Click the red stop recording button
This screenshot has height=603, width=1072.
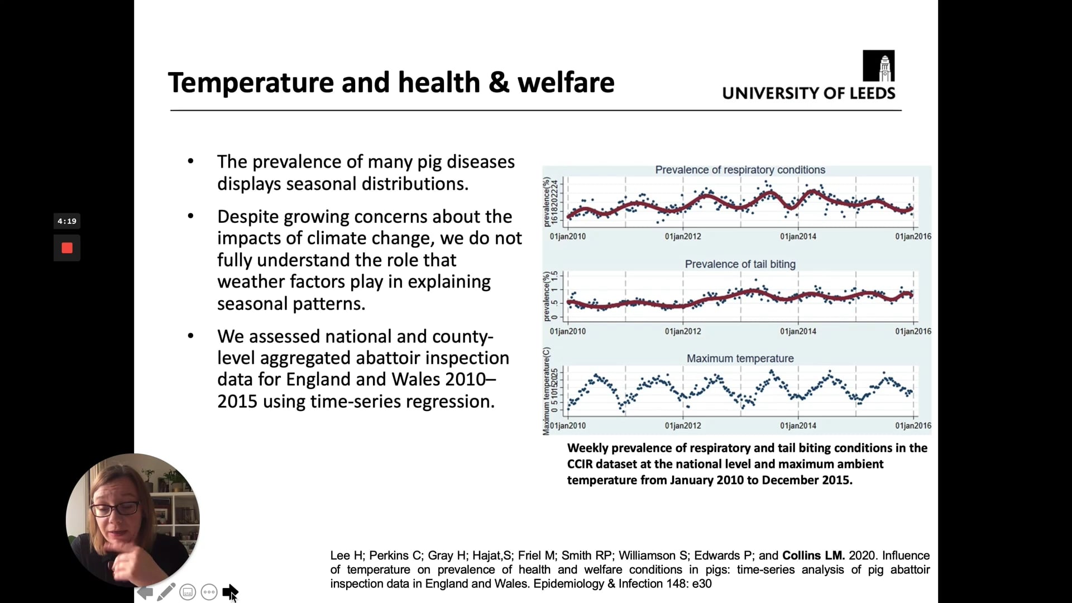coord(67,248)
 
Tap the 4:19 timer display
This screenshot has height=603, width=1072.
coord(67,221)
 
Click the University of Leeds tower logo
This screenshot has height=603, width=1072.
coord(878,66)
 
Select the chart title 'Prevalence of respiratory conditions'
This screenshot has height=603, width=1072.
coord(740,170)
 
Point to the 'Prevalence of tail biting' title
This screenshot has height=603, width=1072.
coord(740,264)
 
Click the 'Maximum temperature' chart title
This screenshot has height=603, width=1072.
coord(740,358)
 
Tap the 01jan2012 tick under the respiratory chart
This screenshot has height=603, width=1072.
coord(683,236)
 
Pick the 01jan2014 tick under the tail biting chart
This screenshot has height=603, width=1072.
coord(798,331)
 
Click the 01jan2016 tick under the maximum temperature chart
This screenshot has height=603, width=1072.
coord(913,425)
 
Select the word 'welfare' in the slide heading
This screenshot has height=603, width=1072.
coord(566,83)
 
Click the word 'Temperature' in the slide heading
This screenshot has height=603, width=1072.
coord(250,83)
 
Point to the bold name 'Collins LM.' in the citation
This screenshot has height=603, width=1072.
coord(813,556)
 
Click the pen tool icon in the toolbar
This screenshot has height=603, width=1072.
coord(166,592)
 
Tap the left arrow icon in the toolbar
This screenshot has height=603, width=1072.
coord(145,592)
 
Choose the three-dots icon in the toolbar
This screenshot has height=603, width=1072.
coord(209,592)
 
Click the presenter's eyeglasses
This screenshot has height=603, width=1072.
coord(114,509)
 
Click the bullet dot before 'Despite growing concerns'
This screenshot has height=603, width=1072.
coord(191,216)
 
